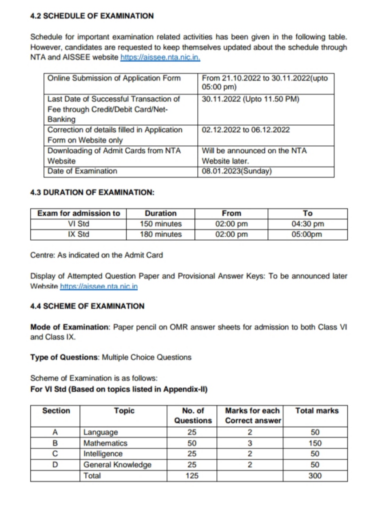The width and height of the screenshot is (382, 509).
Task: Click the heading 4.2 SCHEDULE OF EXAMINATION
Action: [x=92, y=16]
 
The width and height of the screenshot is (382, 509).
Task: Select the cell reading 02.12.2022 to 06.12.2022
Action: [x=246, y=130]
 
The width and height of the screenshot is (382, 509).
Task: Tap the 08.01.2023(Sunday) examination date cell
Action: [x=236, y=171]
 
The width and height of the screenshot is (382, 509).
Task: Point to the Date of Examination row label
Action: [x=83, y=171]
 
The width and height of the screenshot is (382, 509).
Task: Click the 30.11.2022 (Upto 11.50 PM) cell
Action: [x=251, y=99]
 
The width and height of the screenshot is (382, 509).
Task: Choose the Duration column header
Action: [x=160, y=213]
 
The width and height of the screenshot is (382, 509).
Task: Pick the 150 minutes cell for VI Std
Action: [x=160, y=224]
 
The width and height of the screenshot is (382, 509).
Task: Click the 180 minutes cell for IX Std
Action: [x=160, y=234]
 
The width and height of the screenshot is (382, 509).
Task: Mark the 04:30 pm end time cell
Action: [x=307, y=224]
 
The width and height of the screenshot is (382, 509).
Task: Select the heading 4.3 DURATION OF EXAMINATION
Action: [x=92, y=193]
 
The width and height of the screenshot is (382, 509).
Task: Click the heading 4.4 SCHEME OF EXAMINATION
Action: [x=88, y=306]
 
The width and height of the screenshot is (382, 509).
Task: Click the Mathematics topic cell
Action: [x=106, y=443]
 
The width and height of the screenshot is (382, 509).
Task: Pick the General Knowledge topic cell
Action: [x=118, y=465]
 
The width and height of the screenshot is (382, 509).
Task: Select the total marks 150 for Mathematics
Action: [x=316, y=443]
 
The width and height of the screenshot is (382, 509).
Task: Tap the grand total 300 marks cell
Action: [x=316, y=476]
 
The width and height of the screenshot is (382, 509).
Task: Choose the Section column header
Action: [x=56, y=411]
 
